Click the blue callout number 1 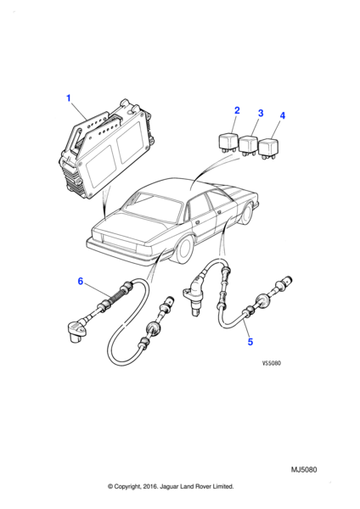tap(69, 98)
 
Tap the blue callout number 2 tap(237, 110)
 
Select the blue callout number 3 tap(261, 114)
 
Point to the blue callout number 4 tap(283, 115)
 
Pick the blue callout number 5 tap(250, 342)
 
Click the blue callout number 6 tap(81, 281)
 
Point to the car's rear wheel tap(183, 252)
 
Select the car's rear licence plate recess tap(119, 241)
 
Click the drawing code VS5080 tap(272, 363)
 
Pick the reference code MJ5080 tap(304, 470)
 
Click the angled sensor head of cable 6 tap(77, 331)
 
